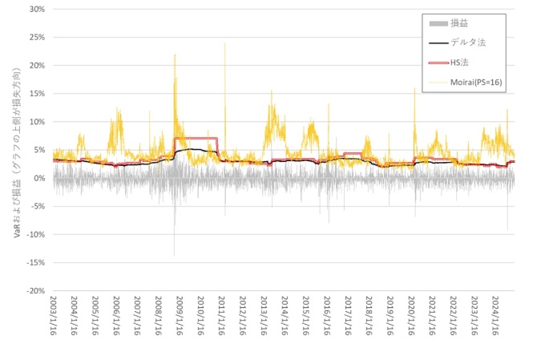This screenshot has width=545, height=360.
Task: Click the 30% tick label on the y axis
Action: point(35,9)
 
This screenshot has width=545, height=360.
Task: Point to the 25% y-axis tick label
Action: point(35,37)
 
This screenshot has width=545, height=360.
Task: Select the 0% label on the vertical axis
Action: point(38,178)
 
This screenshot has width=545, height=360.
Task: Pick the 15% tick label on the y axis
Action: point(35,93)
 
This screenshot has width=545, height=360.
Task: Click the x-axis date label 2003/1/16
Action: point(54,318)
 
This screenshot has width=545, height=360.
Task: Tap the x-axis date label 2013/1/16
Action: point(264,318)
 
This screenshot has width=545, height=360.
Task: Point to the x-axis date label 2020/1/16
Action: point(411,318)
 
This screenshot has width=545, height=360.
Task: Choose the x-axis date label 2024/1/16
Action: point(495,318)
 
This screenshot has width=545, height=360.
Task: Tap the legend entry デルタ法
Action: point(466,42)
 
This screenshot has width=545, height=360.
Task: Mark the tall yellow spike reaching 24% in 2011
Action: point(224,45)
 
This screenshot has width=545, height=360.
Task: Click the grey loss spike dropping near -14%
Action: point(174,253)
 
